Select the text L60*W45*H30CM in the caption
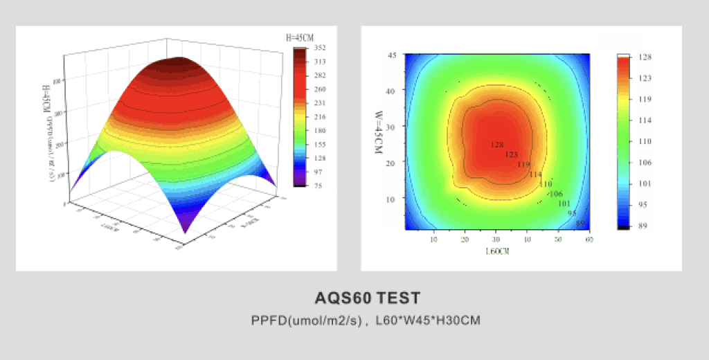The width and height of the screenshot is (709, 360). [x=427, y=321]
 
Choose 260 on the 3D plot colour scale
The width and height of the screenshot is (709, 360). [x=320, y=89]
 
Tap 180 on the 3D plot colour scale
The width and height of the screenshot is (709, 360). [x=320, y=130]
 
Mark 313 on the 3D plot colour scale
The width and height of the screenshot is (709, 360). [x=320, y=62]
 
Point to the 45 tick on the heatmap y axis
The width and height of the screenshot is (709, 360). [x=391, y=55]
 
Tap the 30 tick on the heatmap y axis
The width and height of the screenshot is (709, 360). [x=391, y=127]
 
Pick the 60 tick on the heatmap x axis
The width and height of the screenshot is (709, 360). [x=589, y=240]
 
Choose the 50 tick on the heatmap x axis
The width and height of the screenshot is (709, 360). [x=559, y=240]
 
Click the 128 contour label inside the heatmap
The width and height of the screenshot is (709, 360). [x=496, y=145]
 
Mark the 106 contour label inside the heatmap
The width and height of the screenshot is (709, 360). [x=556, y=194]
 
